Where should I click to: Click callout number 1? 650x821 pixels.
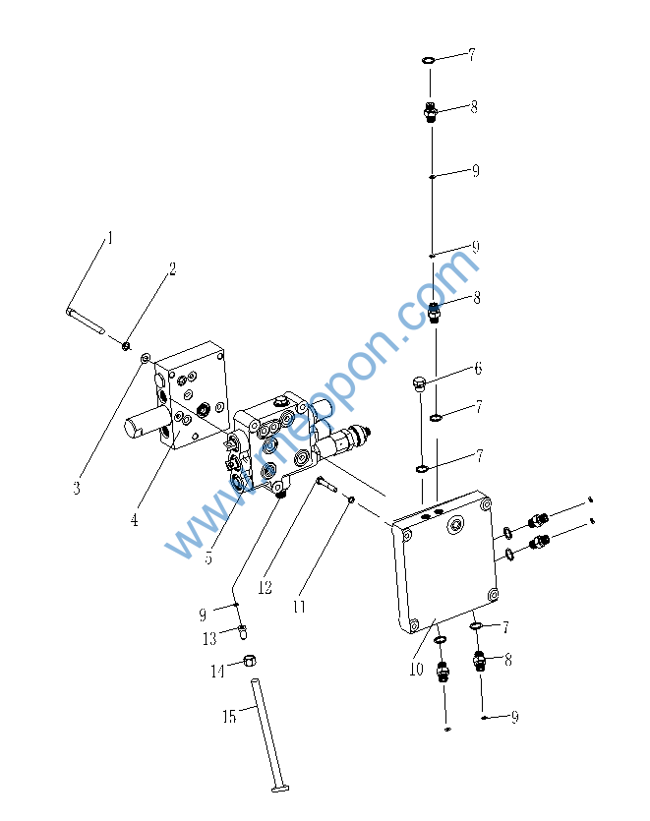tap(111, 238)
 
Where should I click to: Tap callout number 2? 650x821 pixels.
tap(172, 267)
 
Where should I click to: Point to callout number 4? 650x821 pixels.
tap(134, 520)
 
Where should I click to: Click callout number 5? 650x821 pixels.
tap(208, 557)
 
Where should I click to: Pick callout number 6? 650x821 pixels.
tap(478, 369)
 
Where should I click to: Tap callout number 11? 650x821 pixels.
tap(299, 607)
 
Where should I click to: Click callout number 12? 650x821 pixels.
tap(265, 587)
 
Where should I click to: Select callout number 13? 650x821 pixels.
tap(209, 639)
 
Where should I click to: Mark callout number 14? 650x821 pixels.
tap(217, 671)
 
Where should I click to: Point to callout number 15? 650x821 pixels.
tap(228, 717)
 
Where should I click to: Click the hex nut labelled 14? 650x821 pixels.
tap(250, 661)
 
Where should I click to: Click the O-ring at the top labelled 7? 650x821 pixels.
tap(430, 61)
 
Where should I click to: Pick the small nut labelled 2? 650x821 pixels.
tap(126, 344)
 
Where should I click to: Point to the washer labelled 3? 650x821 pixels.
tap(146, 357)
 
